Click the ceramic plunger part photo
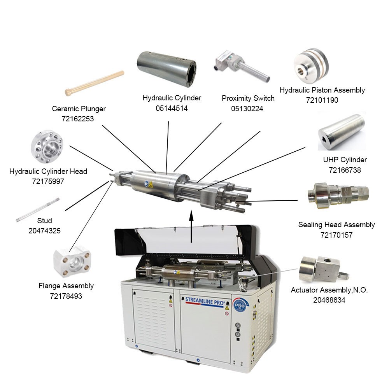tap(95, 83)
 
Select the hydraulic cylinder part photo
tap(167, 69)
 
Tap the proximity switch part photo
tap(242, 66)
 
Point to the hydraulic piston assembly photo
tap(311, 65)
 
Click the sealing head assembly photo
tap(338, 196)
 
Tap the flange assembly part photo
tap(72, 262)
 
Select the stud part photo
tap(38, 210)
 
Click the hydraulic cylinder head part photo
tap(47, 147)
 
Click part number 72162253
tap(78, 119)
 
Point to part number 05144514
tap(172, 109)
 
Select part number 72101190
tap(322, 100)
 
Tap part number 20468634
tap(329, 300)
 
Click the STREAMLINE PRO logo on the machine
tap(205, 302)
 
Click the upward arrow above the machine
tap(191, 226)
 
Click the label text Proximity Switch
tap(248, 98)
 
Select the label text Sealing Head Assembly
tap(336, 225)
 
